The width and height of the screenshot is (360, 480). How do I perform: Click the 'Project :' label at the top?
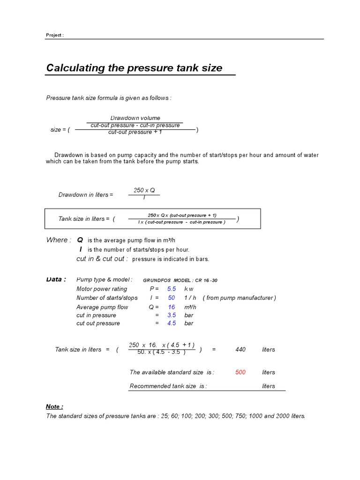tap(54, 35)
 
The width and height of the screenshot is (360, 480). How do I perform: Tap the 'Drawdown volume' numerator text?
tap(135, 118)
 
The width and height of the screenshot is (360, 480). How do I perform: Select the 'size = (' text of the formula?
tap(60, 130)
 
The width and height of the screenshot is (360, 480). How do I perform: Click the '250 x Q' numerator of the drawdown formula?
tap(144, 190)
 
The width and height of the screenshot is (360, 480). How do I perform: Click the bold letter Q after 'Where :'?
tap(80, 240)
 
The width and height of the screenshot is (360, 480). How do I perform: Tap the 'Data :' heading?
tap(56, 279)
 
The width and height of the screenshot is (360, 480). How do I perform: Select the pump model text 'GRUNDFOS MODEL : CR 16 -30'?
tap(180, 280)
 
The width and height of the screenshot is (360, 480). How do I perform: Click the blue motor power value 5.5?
tap(172, 289)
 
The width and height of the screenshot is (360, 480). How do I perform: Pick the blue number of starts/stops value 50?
tap(172, 298)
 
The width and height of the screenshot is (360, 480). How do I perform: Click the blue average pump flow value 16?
tap(172, 307)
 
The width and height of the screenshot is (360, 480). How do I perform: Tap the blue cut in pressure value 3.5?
tap(172, 315)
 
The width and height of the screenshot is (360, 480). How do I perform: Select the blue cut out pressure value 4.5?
tap(172, 323)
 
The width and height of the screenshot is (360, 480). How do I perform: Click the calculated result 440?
tap(240, 349)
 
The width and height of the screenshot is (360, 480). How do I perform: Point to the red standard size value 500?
tap(240, 372)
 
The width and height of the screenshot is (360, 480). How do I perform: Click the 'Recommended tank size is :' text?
tap(168, 386)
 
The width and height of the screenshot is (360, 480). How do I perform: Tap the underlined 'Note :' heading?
tap(54, 406)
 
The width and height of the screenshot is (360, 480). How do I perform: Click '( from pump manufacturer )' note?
tap(240, 298)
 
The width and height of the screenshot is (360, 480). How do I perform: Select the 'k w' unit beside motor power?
tap(189, 289)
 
